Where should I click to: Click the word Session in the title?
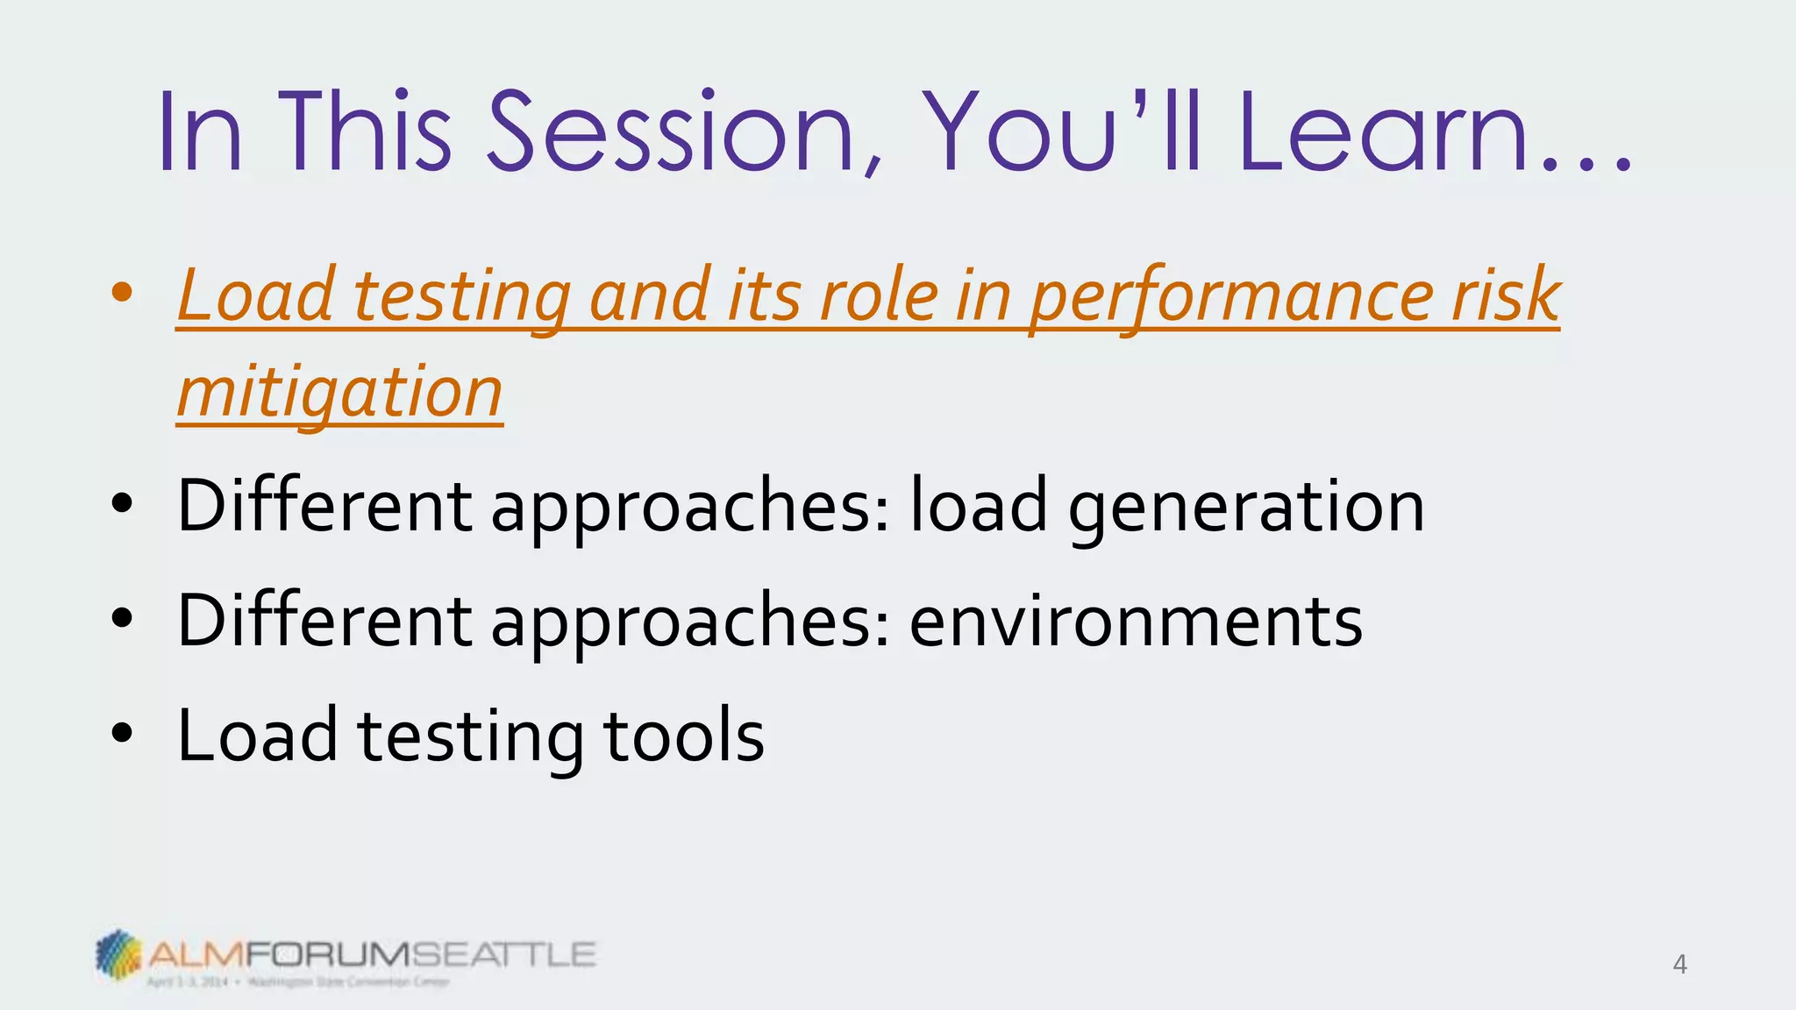671,133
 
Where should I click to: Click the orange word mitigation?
340,392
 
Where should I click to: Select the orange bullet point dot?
122,292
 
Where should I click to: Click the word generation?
1245,507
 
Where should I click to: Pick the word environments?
1136,621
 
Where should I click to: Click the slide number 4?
1679,964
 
